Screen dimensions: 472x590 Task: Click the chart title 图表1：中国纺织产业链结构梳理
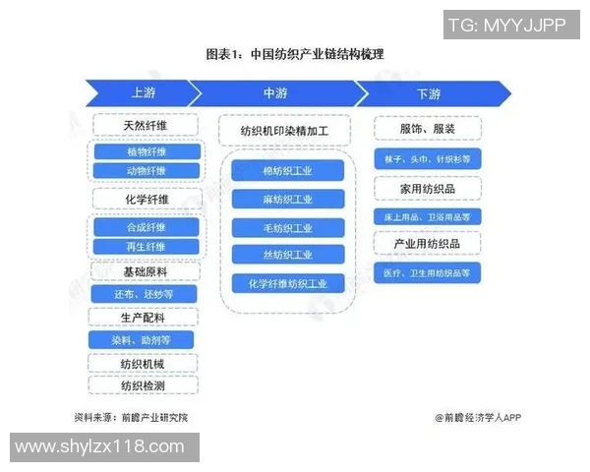(x=294, y=54)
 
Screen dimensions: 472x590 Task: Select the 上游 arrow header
(x=144, y=93)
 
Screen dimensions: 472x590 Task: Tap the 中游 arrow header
(x=275, y=93)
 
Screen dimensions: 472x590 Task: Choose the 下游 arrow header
(x=429, y=93)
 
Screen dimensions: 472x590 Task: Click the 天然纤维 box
(x=146, y=125)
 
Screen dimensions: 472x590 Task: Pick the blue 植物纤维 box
(x=146, y=152)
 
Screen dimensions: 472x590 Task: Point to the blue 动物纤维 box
(x=146, y=171)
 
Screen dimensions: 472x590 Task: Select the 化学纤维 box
(x=146, y=200)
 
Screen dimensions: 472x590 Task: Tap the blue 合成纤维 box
(x=146, y=227)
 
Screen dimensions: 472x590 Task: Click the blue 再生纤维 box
(x=146, y=246)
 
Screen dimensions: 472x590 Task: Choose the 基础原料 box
(x=146, y=270)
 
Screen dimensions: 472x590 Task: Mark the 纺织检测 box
(x=146, y=385)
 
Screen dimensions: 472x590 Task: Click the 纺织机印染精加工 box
(x=283, y=130)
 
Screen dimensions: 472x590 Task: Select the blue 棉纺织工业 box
(x=287, y=171)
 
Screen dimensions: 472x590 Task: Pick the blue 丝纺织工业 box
(x=287, y=255)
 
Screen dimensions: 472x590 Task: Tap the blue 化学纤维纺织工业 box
(x=287, y=283)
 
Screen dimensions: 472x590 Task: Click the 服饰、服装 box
(x=427, y=129)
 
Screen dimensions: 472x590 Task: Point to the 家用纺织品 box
(x=427, y=187)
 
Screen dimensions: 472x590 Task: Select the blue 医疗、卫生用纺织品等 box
(x=427, y=272)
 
